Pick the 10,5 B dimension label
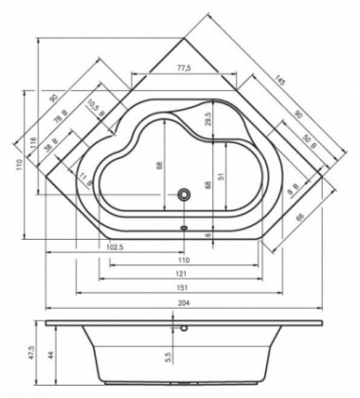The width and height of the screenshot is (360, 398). point(94,105)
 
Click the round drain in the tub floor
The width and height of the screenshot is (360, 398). point(186,196)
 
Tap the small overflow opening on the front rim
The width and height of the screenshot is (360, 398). point(184,227)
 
